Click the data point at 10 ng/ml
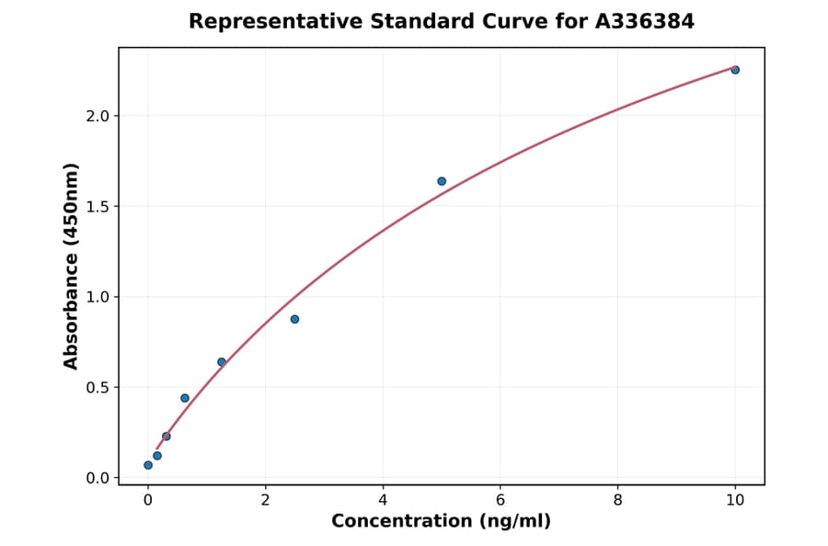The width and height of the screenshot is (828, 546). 735,70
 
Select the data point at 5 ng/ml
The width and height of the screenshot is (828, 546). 442,181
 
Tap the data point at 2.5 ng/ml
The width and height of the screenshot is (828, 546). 294,319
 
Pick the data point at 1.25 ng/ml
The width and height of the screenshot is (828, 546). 222,362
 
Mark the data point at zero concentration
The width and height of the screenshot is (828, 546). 148,465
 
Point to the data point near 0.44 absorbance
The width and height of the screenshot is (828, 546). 185,398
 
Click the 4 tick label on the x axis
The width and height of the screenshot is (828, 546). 383,500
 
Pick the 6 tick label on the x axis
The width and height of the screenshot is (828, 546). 500,500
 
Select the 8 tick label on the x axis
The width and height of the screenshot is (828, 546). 617,500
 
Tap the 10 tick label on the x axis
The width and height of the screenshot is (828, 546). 735,500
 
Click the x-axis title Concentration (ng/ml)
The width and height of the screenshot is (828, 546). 442,521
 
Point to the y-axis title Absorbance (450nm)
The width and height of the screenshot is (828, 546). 72,267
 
